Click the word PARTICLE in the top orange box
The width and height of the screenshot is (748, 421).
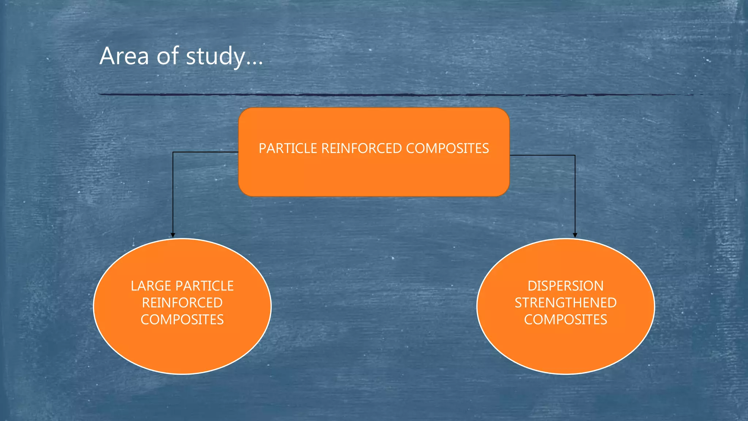tap(288, 148)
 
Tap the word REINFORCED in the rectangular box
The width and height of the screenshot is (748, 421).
tap(361, 148)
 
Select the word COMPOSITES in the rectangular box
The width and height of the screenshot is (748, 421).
tap(447, 148)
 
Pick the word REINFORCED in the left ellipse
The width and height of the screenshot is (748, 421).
tap(182, 303)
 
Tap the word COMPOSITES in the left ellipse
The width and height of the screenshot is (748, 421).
tap(182, 320)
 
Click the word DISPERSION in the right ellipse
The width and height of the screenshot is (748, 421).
tap(565, 286)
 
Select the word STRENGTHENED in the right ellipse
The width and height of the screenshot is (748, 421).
tap(565, 303)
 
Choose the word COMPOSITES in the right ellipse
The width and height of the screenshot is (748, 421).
tap(565, 320)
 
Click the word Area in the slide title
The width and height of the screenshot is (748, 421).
tap(124, 56)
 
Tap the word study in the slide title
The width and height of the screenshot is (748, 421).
tap(215, 57)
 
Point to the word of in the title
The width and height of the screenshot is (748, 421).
tap(167, 56)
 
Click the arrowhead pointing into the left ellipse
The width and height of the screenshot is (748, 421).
tap(173, 235)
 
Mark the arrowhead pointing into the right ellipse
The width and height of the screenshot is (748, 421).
tap(575, 235)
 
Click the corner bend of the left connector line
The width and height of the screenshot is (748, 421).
tap(173, 152)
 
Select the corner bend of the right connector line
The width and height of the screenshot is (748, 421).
tap(575, 155)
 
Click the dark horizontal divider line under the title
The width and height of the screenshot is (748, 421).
tap(365, 95)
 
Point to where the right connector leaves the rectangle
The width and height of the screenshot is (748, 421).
tap(510, 155)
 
